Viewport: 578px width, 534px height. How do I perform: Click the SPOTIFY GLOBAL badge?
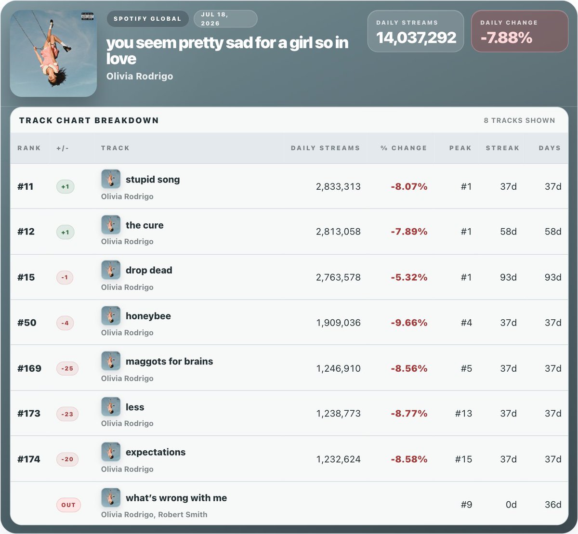pyautogui.click(x=147, y=19)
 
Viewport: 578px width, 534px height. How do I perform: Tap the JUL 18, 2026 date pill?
pyautogui.click(x=225, y=19)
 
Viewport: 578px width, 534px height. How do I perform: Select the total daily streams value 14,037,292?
pyautogui.click(x=416, y=38)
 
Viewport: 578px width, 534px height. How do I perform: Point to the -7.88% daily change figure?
pyautogui.click(x=506, y=38)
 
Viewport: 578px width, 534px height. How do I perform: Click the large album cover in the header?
pyautogui.click(x=53, y=53)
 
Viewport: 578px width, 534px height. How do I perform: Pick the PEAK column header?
pyautogui.click(x=460, y=148)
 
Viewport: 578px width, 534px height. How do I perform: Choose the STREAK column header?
pyautogui.click(x=502, y=148)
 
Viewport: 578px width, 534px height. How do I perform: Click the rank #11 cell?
pyautogui.click(x=26, y=186)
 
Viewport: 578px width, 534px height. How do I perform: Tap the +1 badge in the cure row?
pyautogui.click(x=65, y=232)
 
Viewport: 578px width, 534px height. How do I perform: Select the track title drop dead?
pyautogui.click(x=149, y=270)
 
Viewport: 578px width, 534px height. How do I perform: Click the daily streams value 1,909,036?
pyautogui.click(x=338, y=323)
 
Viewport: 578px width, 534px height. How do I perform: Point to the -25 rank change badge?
pyautogui.click(x=67, y=368)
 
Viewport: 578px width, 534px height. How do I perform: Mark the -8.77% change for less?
pyautogui.click(x=409, y=414)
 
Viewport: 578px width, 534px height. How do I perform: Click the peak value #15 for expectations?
pyautogui.click(x=463, y=459)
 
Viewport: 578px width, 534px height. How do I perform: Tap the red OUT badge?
pyautogui.click(x=68, y=505)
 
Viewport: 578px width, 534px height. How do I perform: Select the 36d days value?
pyautogui.click(x=553, y=505)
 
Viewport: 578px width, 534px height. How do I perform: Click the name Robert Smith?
pyautogui.click(x=183, y=515)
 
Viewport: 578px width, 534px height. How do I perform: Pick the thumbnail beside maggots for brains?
pyautogui.click(x=111, y=361)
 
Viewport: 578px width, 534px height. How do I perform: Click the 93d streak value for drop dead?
pyautogui.click(x=508, y=277)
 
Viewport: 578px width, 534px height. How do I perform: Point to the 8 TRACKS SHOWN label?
pyautogui.click(x=520, y=120)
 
